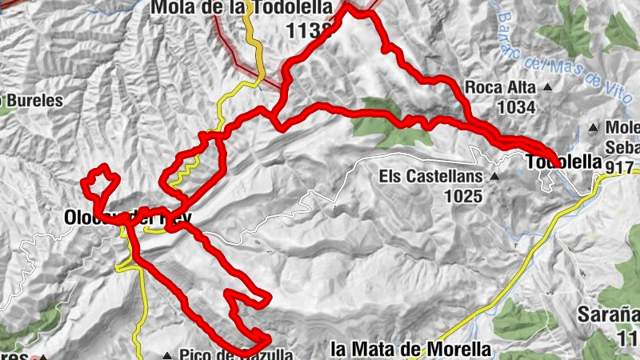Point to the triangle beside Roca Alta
(548, 87)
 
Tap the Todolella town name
(564, 162)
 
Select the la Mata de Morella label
(410, 350)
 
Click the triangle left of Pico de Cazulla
(167, 355)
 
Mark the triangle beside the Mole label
(594, 127)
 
